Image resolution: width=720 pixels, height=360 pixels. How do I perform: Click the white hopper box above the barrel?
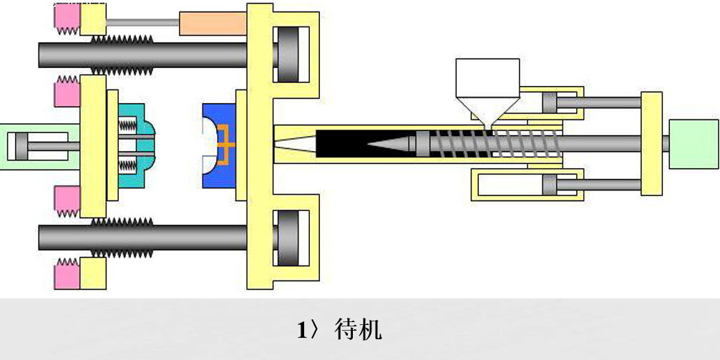tap(487, 77)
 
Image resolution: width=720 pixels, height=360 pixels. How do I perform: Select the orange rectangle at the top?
tap(212, 24)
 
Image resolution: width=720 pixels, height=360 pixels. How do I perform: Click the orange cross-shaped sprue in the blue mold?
tap(225, 145)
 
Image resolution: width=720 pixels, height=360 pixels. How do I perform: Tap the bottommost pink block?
tap(66, 274)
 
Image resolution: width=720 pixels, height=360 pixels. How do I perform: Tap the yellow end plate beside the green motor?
tap(651, 144)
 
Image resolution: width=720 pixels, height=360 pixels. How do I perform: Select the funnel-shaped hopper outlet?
tap(487, 112)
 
